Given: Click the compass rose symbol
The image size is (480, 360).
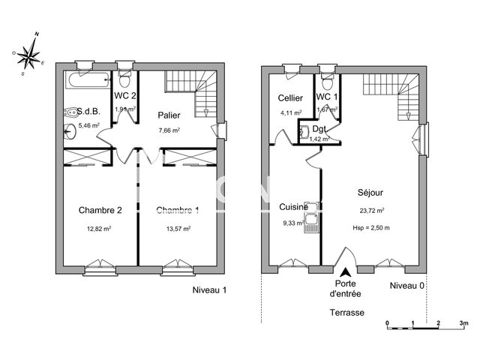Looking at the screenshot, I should (x=31, y=53).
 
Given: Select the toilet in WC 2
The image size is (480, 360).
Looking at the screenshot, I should (x=125, y=78).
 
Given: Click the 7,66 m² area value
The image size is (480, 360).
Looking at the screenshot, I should (x=169, y=130).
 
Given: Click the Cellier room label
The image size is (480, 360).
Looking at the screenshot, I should (x=289, y=98).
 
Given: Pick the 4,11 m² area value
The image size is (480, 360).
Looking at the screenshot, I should (x=289, y=112).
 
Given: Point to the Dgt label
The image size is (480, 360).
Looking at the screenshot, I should (x=328, y=129).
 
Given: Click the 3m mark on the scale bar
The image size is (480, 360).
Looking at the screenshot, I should (x=463, y=322).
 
